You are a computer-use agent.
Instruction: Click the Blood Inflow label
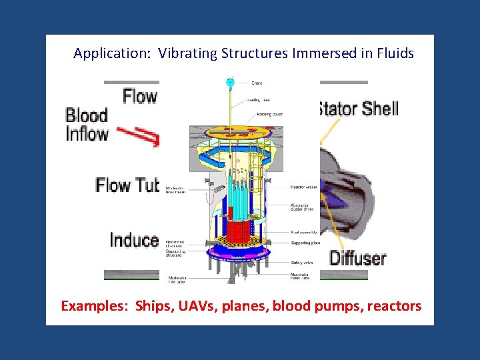click(x=87, y=124)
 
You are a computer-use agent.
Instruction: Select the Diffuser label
click(x=357, y=257)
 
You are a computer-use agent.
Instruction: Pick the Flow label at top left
click(x=140, y=97)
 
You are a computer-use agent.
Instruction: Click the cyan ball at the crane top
click(x=231, y=83)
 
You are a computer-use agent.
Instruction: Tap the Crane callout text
click(x=257, y=83)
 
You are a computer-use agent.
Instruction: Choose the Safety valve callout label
click(x=303, y=263)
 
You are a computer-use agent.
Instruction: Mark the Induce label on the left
click(x=134, y=240)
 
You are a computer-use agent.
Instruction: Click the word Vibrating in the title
click(x=188, y=54)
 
